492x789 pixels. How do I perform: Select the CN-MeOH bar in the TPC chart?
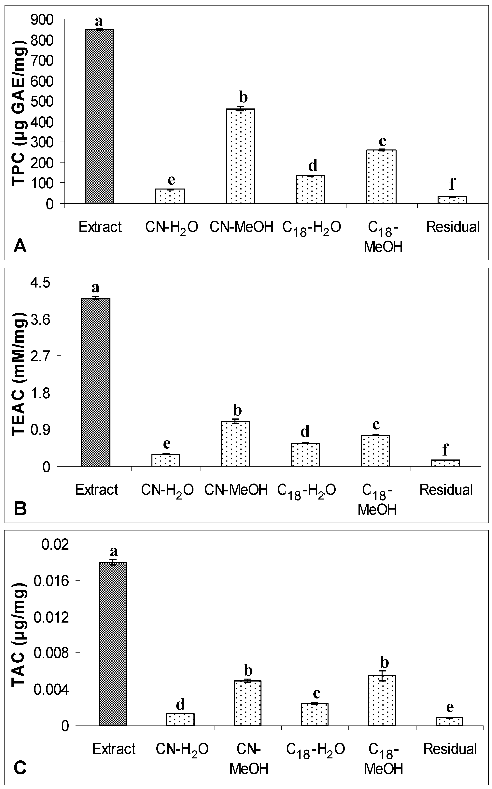(240, 156)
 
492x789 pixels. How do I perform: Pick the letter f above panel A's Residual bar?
(452, 184)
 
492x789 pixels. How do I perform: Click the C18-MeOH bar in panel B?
(375, 451)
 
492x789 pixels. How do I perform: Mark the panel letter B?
(20, 509)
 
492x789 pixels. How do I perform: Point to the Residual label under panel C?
(450, 749)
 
